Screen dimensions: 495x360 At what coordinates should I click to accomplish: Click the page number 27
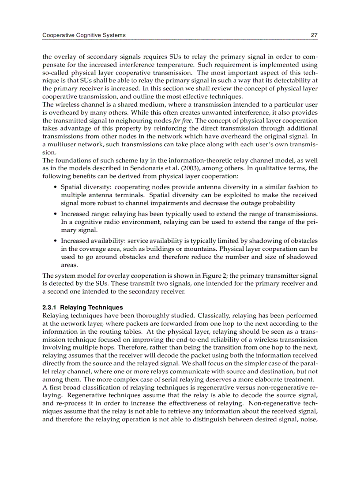click(x=314, y=35)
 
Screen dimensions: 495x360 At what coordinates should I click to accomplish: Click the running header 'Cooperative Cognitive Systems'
click(x=84, y=35)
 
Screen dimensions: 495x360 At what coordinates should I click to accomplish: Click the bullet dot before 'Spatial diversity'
click(x=54, y=187)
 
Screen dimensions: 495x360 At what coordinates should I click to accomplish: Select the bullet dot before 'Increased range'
click(x=54, y=214)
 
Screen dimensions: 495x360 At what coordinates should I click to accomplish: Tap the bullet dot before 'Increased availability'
click(x=54, y=241)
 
